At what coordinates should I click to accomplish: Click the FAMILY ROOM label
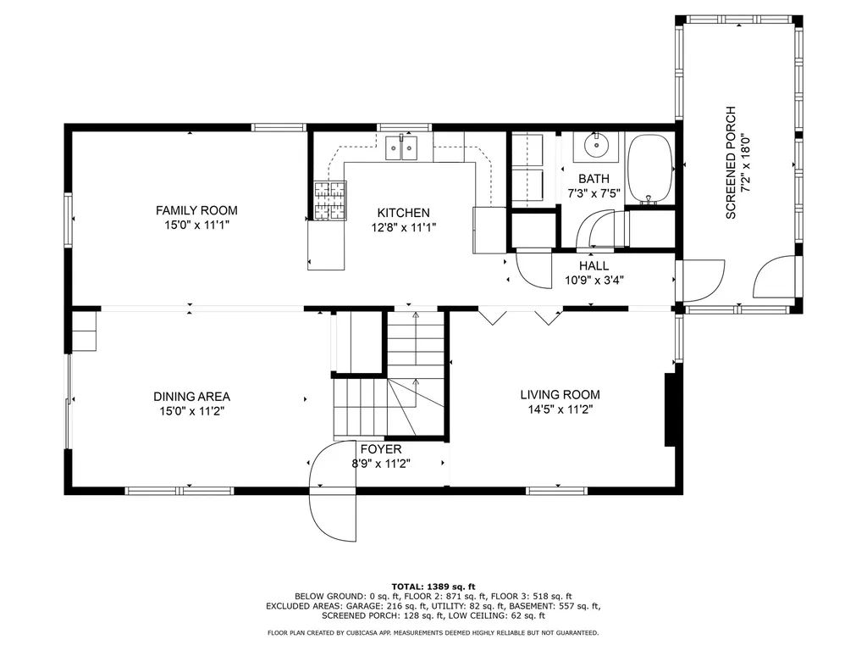196,210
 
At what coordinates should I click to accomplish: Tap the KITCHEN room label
403,213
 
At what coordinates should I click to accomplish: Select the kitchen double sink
401,148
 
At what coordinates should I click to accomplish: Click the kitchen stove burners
329,202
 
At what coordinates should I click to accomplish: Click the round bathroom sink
598,146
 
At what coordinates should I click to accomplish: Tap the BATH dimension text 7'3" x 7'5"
594,193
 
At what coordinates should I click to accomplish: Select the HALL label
594,265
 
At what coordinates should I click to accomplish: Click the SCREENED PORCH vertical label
732,163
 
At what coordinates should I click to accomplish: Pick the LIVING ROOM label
560,394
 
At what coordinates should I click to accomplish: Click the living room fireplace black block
671,409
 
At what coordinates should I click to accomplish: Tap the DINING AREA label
191,396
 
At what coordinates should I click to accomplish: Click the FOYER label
381,449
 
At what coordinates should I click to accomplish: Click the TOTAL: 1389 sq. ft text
433,587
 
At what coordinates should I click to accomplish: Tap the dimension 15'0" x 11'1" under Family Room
196,225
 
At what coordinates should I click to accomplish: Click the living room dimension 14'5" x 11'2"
560,409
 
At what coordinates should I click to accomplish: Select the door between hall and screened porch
699,280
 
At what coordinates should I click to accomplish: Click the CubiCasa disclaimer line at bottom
433,632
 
